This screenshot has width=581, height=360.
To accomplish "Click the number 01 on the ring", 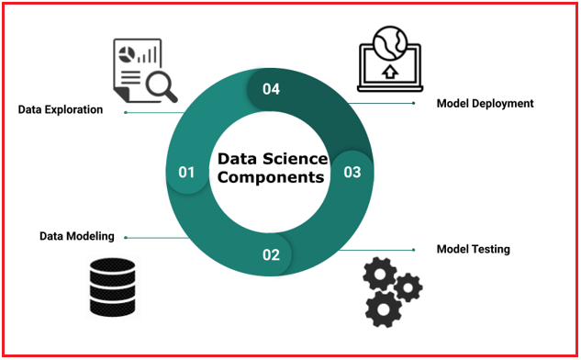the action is (x=187, y=172).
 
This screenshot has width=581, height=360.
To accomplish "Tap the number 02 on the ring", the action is (x=271, y=254).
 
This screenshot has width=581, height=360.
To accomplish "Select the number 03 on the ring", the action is (x=352, y=172).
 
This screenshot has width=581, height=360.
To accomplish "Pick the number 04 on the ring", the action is (x=270, y=89).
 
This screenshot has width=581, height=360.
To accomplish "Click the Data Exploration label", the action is (x=61, y=110).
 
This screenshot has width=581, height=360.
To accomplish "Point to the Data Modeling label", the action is (x=77, y=236).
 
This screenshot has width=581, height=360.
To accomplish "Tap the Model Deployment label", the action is (x=485, y=104).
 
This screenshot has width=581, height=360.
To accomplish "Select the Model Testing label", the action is (x=473, y=249).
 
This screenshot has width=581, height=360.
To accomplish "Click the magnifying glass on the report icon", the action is (x=161, y=86).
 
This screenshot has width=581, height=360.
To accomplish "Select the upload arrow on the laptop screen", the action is (x=389, y=71).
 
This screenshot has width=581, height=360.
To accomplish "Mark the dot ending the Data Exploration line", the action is (x=126, y=112).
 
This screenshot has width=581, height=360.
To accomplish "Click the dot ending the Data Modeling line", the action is (x=126, y=238).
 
